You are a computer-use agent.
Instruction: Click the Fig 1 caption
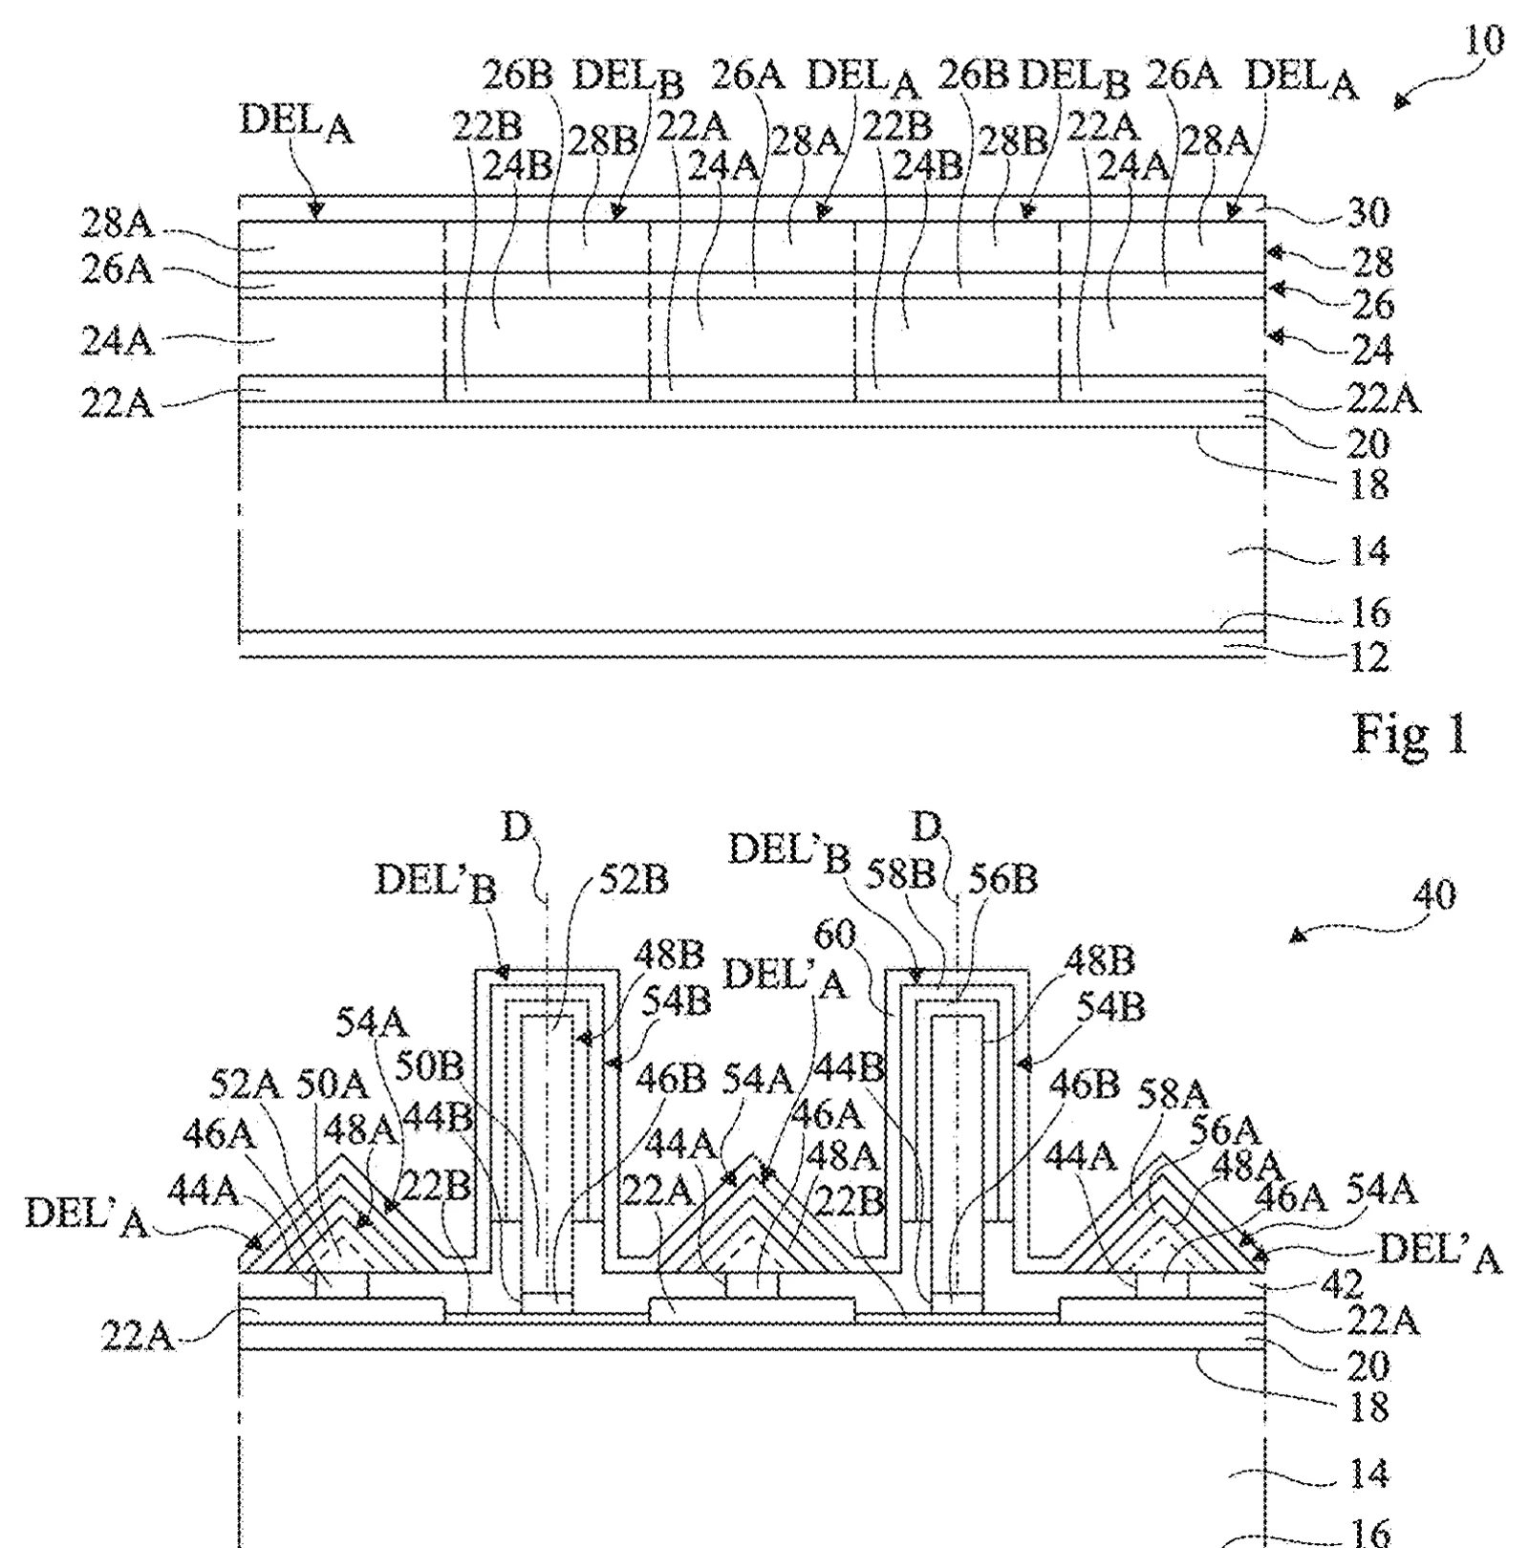pos(1409,734)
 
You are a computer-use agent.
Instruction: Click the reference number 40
pos(1433,895)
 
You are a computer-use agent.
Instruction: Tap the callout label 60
pos(835,934)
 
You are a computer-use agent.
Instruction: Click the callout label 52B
pos(634,879)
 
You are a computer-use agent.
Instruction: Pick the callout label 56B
pos(1002,878)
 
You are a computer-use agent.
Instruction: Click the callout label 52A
pos(245,1084)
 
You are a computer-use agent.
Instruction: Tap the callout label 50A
pos(332,1084)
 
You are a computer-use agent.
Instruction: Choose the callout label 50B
pos(429,1066)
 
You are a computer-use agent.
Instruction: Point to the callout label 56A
pos(1225,1130)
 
